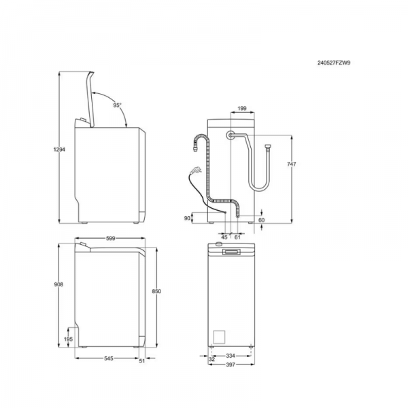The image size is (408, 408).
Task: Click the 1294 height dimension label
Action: point(59,150)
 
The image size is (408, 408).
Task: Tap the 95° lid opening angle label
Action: point(118,105)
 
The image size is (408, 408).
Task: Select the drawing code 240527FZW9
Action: point(334,63)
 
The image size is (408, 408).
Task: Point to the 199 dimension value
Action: point(242,109)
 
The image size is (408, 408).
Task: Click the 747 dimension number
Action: point(292,164)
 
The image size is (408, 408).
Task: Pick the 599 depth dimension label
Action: point(111,239)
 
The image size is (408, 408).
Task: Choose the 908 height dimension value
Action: point(58,284)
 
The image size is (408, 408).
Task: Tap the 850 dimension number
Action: point(156,291)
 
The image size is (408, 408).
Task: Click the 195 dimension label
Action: point(68,339)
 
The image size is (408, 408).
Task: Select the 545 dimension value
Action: point(109,358)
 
